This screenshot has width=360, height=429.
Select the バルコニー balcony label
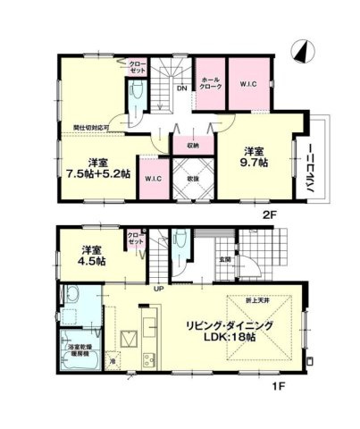click(314, 166)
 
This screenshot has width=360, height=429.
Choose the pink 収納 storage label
click(192, 146)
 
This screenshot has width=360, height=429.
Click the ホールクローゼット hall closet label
click(212, 85)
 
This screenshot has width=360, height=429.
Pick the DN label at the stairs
click(181, 88)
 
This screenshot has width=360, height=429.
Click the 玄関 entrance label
click(225, 259)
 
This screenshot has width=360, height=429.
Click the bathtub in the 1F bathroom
click(71, 295)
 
